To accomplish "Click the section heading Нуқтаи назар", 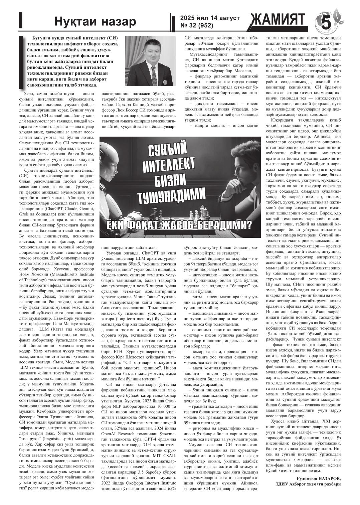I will point(95,22).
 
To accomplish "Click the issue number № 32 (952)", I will point(195,25).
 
